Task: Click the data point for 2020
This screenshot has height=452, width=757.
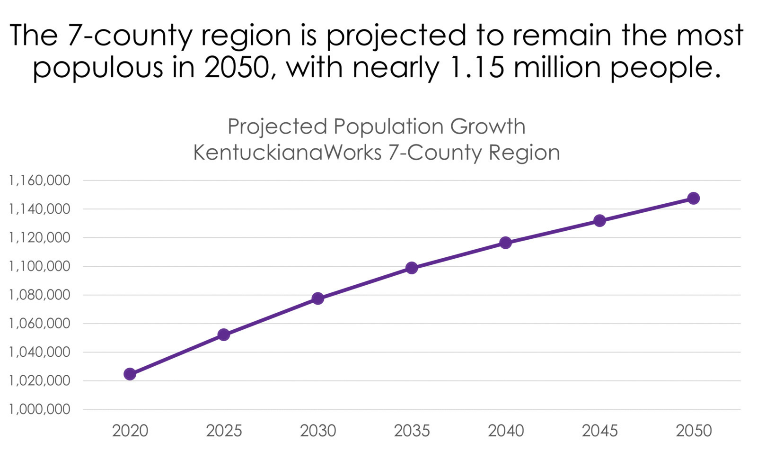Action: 130,374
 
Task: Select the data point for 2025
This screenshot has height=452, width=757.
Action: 224,334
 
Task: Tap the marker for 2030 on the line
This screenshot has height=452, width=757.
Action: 317,298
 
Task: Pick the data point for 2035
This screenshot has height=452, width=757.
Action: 412,268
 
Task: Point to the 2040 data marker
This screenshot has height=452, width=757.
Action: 506,242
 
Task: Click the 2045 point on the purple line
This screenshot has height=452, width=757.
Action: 599,221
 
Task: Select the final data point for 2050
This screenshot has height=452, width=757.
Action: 694,198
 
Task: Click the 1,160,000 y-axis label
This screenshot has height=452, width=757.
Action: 40,181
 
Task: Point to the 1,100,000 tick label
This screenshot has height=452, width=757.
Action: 40,267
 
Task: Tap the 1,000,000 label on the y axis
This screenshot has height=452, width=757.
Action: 40,409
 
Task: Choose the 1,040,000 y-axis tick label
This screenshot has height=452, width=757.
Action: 40,352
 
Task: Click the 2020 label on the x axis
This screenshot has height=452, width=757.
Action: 130,431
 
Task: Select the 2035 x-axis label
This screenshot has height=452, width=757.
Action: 412,431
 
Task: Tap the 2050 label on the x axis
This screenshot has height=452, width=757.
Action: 694,431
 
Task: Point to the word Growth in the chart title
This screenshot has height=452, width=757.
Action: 488,127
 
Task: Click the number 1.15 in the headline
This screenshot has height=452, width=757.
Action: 478,67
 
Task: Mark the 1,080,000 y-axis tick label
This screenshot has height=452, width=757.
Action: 40,295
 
